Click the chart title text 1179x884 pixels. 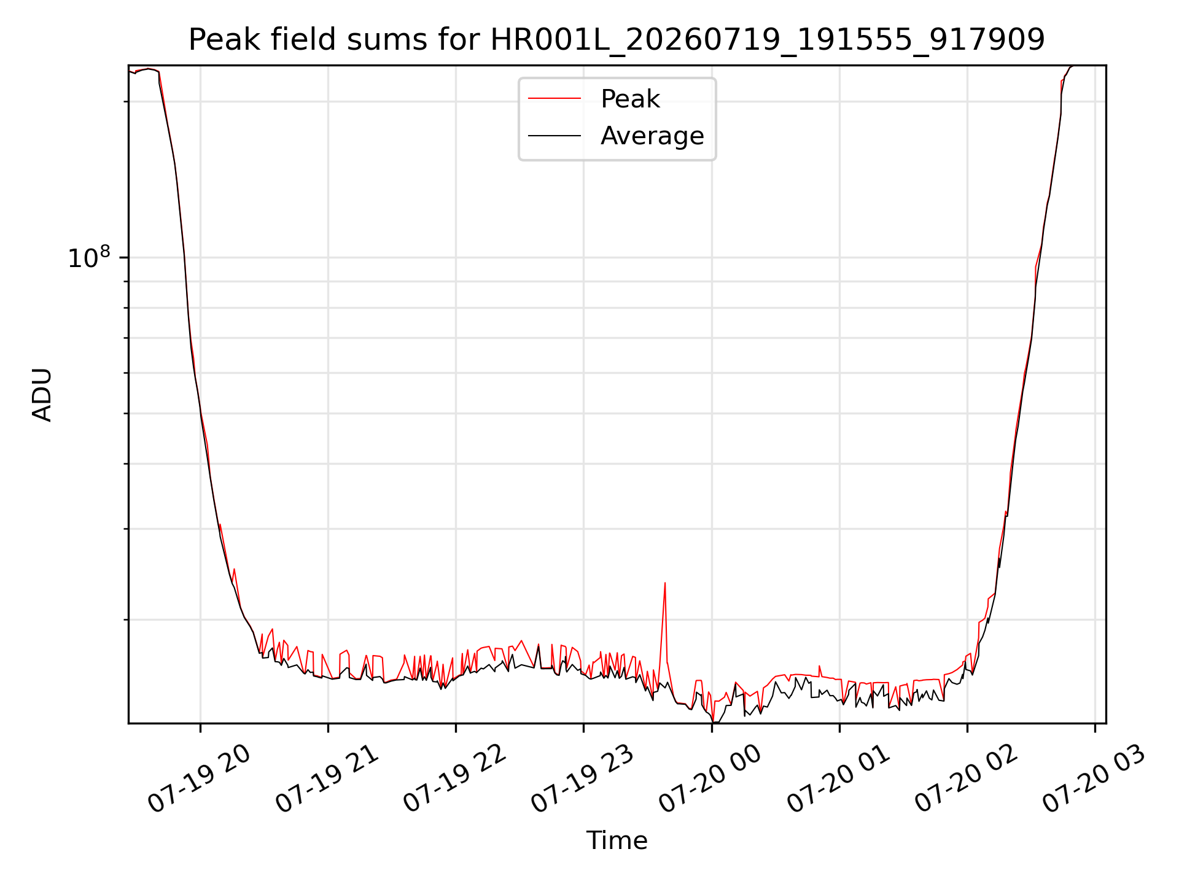tap(617, 40)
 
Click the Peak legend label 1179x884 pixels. tap(630, 99)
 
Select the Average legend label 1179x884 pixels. tap(652, 136)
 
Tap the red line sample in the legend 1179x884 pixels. tap(554, 98)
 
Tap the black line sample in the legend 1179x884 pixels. tap(554, 135)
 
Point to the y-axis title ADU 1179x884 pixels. tap(42, 395)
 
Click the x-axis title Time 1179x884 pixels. tap(617, 840)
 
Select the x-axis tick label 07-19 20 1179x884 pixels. tap(199, 778)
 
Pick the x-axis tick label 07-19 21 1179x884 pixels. tap(327, 778)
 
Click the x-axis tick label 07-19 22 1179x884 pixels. tap(454, 778)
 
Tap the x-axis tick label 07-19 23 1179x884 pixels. tap(582, 778)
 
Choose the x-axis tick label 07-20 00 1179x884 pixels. tap(710, 778)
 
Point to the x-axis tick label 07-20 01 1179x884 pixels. tap(838, 778)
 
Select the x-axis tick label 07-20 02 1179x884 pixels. tap(966, 778)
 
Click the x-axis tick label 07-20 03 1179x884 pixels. tap(1094, 778)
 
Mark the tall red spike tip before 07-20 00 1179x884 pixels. tap(665, 583)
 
